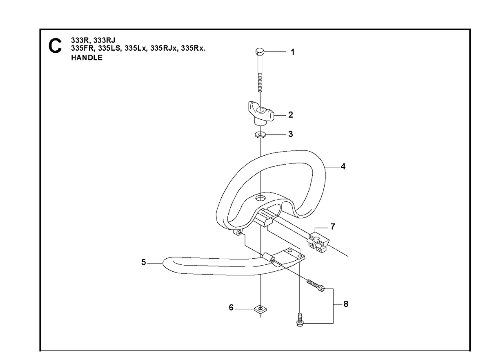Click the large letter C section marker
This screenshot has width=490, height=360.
55,46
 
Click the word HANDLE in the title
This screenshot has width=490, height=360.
87,58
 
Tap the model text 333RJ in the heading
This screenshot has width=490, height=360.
105,40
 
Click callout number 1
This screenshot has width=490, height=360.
292,52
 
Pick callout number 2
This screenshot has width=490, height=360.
290,115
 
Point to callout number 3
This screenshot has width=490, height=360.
290,134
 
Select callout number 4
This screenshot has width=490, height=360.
343,167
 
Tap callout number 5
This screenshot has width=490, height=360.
143,262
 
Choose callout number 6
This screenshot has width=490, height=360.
231,307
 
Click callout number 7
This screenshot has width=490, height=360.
333,226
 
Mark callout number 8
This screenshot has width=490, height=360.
346,304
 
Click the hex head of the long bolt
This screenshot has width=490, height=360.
260,51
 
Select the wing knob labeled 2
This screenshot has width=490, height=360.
261,113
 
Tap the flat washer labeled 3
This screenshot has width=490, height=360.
260,134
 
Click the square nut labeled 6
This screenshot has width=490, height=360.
260,309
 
